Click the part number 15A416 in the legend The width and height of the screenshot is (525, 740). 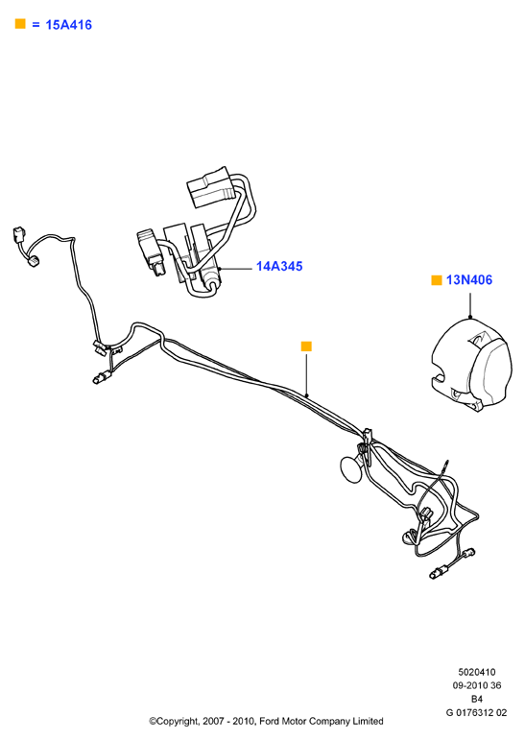[x=68, y=25]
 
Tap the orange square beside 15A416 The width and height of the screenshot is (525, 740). [x=20, y=24]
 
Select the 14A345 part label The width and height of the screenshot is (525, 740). [x=279, y=266]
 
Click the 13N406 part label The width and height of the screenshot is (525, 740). [x=468, y=280]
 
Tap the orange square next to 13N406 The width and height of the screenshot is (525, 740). [x=437, y=280]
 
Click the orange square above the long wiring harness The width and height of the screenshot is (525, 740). [x=306, y=346]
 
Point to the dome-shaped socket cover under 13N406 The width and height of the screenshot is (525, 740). [x=471, y=365]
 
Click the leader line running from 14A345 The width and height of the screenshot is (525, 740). [x=236, y=269]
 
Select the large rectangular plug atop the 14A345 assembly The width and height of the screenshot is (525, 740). [x=210, y=187]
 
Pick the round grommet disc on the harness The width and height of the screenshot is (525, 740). [x=351, y=469]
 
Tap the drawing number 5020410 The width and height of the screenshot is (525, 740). [x=477, y=672]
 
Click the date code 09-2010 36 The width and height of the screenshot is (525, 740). [x=477, y=685]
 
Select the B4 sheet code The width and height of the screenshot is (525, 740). [x=477, y=699]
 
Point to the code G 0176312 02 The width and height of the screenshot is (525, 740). [x=476, y=712]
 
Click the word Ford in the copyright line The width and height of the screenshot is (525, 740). [x=269, y=721]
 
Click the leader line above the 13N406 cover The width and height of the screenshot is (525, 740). [x=470, y=305]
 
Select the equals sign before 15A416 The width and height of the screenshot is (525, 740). [x=36, y=25]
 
